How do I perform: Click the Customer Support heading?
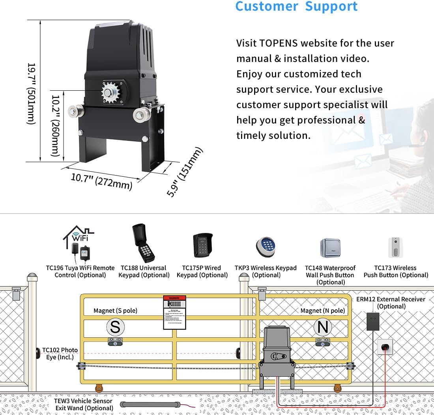coord(296,7)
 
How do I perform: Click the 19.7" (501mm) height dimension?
coord(32,93)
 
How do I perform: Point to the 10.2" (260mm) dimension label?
coord(56,125)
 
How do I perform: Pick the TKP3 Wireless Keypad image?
coord(265,247)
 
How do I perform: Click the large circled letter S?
coord(115,327)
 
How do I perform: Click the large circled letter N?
coord(323,327)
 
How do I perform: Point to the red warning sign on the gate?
coord(175,312)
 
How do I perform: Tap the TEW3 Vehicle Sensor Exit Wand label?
coord(83,404)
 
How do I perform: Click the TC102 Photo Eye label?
coord(60,353)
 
